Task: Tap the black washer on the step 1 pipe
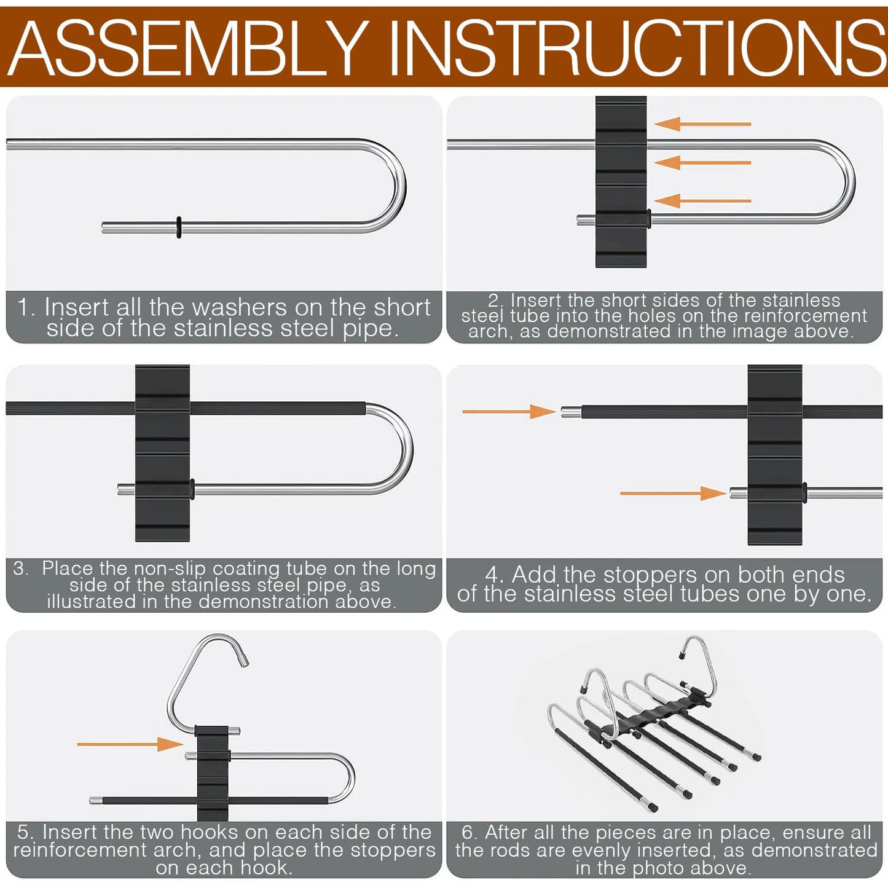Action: point(179,227)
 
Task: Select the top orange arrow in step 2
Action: point(702,124)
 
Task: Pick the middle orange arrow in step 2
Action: point(702,163)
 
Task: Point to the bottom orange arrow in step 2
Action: point(702,201)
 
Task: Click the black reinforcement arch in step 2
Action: point(621,181)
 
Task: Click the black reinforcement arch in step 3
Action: point(162,453)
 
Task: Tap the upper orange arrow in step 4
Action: point(509,412)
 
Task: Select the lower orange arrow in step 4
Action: point(673,493)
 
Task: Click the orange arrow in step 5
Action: point(130,744)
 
